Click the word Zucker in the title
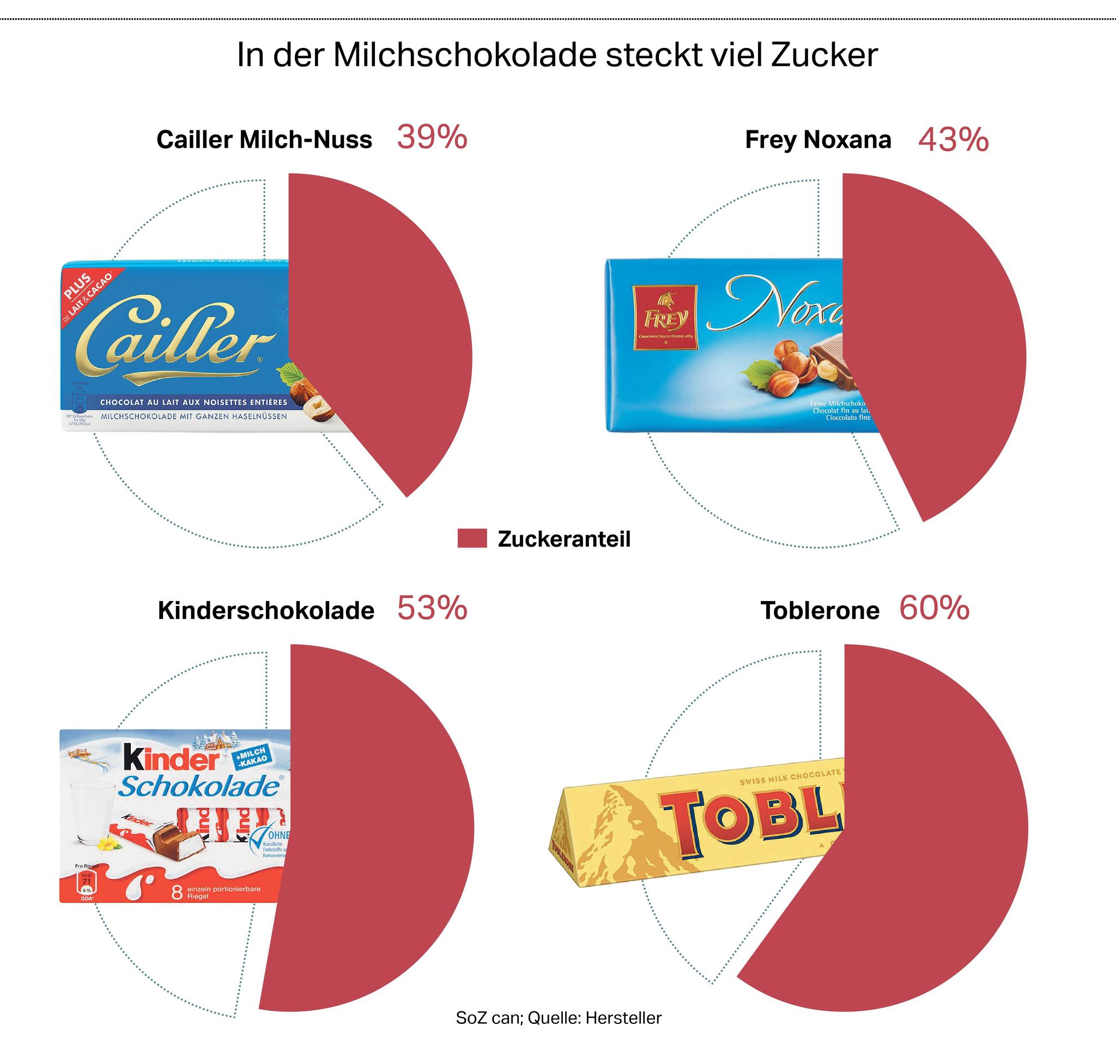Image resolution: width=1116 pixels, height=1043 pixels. tap(823, 56)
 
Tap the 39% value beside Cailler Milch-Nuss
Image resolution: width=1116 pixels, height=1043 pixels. tap(432, 137)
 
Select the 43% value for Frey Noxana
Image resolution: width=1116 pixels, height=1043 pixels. tap(953, 140)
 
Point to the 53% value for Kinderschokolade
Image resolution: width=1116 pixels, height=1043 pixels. tap(432, 609)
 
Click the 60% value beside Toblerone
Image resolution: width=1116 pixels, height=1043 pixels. tap(934, 609)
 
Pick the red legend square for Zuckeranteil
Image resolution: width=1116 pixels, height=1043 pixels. tap(471, 538)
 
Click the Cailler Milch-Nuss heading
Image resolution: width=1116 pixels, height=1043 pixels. tap(264, 140)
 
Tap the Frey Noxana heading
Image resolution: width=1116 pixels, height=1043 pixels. tap(817, 140)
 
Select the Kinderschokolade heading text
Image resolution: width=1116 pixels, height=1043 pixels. tap(265, 611)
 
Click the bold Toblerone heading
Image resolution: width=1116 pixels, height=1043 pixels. tap(820, 611)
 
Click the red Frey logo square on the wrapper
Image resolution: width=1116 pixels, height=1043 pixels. tap(665, 318)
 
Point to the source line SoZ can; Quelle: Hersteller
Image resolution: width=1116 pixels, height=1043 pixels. tap(559, 1017)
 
